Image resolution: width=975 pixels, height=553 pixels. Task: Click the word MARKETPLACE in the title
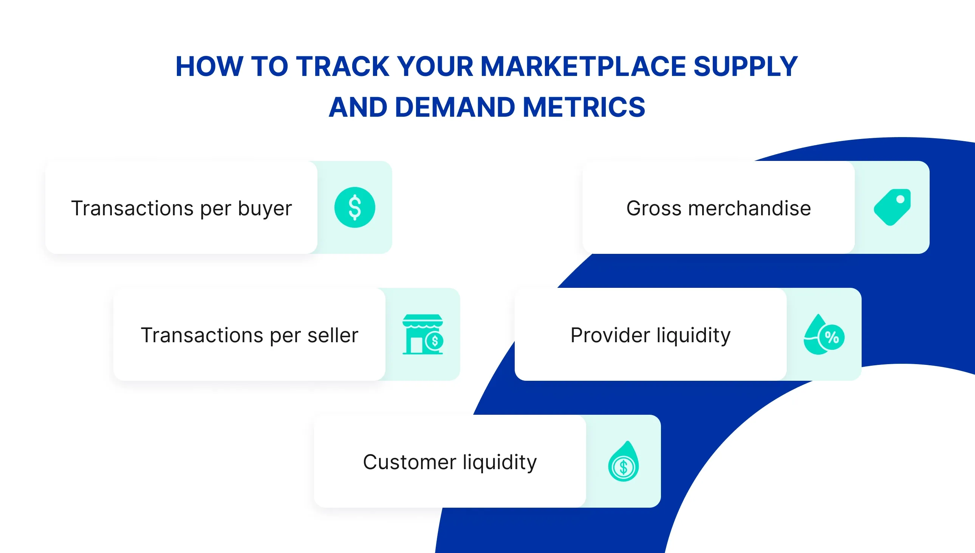[x=583, y=66]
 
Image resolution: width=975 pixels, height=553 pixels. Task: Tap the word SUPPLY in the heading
[x=746, y=66]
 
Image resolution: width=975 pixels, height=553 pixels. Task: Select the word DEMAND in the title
[x=455, y=107]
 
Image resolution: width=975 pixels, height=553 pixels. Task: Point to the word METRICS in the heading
[x=584, y=107]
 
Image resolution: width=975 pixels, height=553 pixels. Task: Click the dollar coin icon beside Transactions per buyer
[x=354, y=207]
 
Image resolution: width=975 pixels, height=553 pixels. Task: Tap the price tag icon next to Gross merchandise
[x=892, y=207]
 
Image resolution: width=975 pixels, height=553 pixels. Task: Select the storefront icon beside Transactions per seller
[x=422, y=334]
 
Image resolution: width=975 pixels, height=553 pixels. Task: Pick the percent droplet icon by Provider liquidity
[x=823, y=335]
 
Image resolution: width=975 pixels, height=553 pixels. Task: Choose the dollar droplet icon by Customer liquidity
[x=623, y=462]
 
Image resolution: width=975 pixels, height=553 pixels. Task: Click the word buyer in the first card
[x=265, y=209]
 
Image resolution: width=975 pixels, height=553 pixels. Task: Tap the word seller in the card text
[x=333, y=335]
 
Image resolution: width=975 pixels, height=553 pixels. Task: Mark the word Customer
[x=410, y=462]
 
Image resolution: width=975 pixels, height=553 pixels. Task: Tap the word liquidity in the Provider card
[x=693, y=336]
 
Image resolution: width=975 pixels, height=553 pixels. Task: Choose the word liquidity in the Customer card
[x=500, y=463]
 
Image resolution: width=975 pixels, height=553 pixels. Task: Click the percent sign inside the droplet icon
[x=832, y=337]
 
